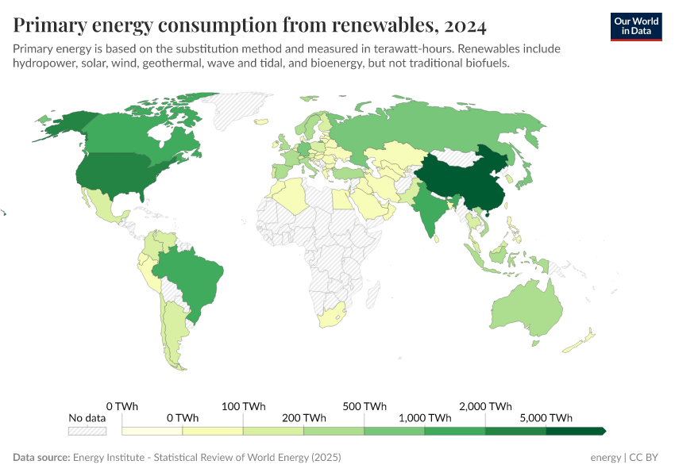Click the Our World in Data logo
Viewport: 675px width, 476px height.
coord(635,26)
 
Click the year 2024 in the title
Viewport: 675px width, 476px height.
coord(465,26)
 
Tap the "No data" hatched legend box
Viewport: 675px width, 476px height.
coord(87,431)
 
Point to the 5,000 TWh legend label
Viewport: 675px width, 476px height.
coord(546,418)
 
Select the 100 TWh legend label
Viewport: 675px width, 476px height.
coord(243,406)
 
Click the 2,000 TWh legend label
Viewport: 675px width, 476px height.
coord(485,406)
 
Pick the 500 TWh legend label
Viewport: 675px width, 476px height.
coord(364,406)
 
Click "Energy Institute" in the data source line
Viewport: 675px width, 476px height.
coord(110,458)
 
